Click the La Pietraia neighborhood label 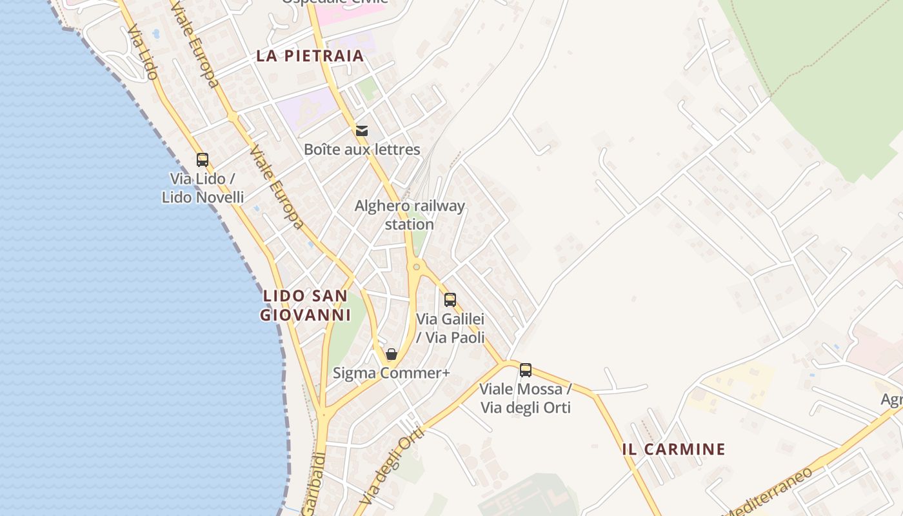tap(310, 56)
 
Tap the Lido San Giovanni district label tap(306, 306)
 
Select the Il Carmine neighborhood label tap(674, 450)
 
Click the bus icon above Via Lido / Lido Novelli tap(203, 160)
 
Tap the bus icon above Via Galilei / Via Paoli tap(450, 300)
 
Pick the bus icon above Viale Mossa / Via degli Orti tap(526, 370)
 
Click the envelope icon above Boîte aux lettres tap(362, 131)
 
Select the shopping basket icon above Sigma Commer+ tap(392, 354)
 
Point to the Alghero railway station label tap(410, 215)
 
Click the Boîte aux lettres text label tap(362, 150)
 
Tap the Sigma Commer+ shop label tap(391, 373)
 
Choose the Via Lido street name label tap(143, 53)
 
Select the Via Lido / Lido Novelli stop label tap(203, 188)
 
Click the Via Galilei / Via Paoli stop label tap(450, 328)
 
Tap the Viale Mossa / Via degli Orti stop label tap(526, 399)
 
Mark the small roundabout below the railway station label tap(417, 266)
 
